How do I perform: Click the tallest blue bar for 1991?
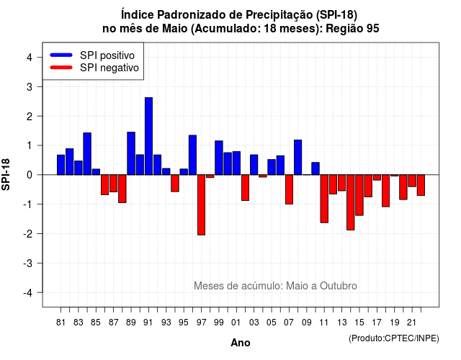149,136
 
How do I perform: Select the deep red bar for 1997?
202,204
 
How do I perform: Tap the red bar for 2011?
324,199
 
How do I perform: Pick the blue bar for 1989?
131,153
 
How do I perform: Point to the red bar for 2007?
290,189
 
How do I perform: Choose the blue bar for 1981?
61,165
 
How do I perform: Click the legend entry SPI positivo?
93,55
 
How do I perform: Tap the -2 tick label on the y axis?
28,233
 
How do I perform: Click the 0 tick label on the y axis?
30,175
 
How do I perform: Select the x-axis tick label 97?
202,323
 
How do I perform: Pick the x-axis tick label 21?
412,323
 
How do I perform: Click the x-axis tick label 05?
272,323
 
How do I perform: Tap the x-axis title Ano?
241,343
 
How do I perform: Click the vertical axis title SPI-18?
6,174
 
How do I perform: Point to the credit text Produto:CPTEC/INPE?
394,338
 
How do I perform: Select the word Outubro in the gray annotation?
339,286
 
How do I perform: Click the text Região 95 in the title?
352,29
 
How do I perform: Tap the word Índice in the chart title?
137,14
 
